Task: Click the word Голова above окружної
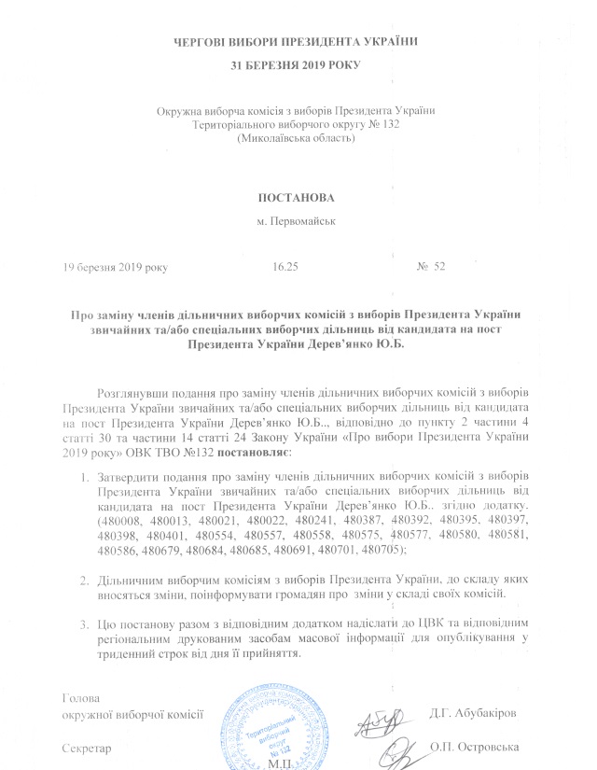(78, 698)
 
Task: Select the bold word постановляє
(254, 452)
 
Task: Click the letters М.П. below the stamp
(280, 762)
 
